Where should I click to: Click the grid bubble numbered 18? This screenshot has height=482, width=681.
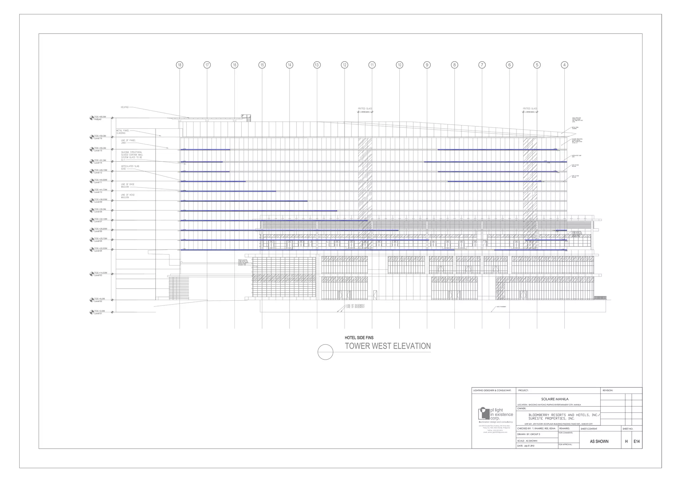pos(180,65)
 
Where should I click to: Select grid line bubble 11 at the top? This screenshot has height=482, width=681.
pos(372,65)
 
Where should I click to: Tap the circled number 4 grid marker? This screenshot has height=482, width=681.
pos(564,65)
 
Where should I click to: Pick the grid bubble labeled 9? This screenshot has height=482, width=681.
pos(427,65)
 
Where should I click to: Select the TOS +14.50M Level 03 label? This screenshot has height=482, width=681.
pos(100,274)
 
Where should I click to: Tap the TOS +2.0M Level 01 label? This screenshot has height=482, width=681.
pos(99,312)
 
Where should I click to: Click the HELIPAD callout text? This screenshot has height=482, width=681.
pos(124,107)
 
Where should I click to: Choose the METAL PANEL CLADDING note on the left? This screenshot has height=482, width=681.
pos(123,132)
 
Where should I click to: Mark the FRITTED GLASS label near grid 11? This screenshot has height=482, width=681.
pos(365,109)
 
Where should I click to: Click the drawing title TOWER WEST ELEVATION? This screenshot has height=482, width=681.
pos(388,346)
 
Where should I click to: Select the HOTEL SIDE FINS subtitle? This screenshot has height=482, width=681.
pos(359,338)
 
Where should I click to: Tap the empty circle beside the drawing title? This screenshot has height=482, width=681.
pos(326,352)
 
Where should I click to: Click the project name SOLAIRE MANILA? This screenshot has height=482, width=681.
pos(555,399)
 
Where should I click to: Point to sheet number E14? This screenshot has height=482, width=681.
pos(636,441)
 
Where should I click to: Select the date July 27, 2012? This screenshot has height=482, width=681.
pos(529,446)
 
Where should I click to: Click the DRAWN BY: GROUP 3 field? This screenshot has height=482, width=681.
pos(529,434)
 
